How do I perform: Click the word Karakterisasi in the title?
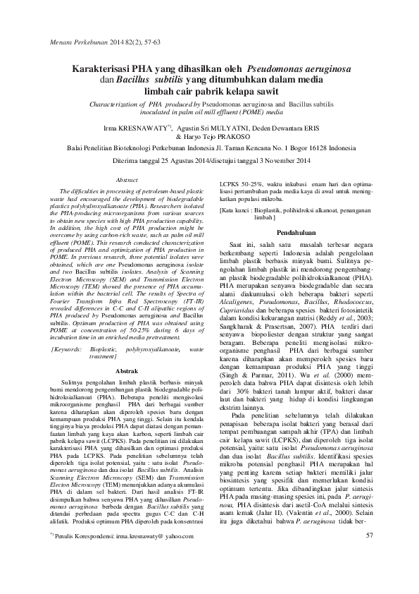[x=98, y=70]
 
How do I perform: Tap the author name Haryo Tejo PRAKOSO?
[x=212, y=137]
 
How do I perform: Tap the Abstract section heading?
[x=125, y=181]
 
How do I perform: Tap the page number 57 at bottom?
[x=369, y=555]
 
